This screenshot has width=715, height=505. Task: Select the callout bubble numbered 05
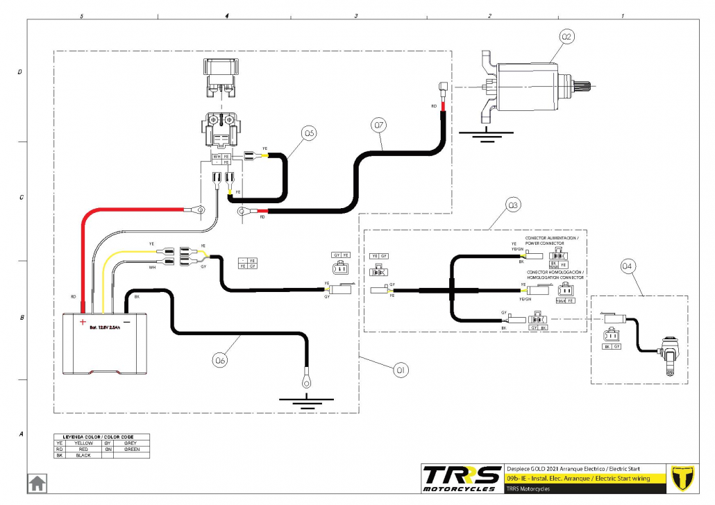(x=309, y=132)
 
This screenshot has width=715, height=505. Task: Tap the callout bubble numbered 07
(x=378, y=126)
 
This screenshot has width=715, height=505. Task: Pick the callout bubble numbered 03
(x=513, y=205)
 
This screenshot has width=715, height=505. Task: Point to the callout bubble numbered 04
(x=628, y=265)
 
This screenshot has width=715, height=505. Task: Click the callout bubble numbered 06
(x=221, y=359)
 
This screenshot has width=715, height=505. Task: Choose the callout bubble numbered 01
(x=401, y=371)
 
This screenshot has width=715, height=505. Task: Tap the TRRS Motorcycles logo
(x=462, y=478)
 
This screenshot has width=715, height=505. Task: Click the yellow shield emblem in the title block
(x=687, y=477)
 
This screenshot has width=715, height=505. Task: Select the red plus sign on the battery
(x=83, y=322)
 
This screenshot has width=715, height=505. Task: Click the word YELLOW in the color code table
(x=83, y=442)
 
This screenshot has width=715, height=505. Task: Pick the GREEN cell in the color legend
(x=131, y=449)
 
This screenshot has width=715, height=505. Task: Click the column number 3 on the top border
(x=355, y=15)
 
